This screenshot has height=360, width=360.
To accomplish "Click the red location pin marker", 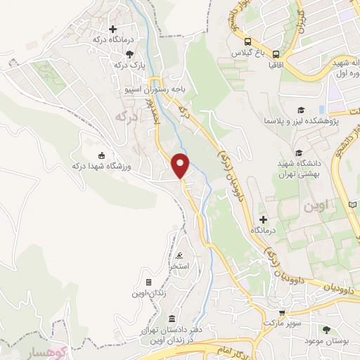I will pos(181,165).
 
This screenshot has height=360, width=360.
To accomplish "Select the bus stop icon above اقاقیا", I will pos(276,53).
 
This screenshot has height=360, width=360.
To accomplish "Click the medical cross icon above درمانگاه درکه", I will pos(112,29).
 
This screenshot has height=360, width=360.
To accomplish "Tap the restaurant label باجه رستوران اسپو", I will pos(155,90).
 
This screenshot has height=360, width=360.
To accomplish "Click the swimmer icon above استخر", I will pos(181,255).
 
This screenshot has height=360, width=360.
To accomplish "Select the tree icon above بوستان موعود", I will pos(326,330).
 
